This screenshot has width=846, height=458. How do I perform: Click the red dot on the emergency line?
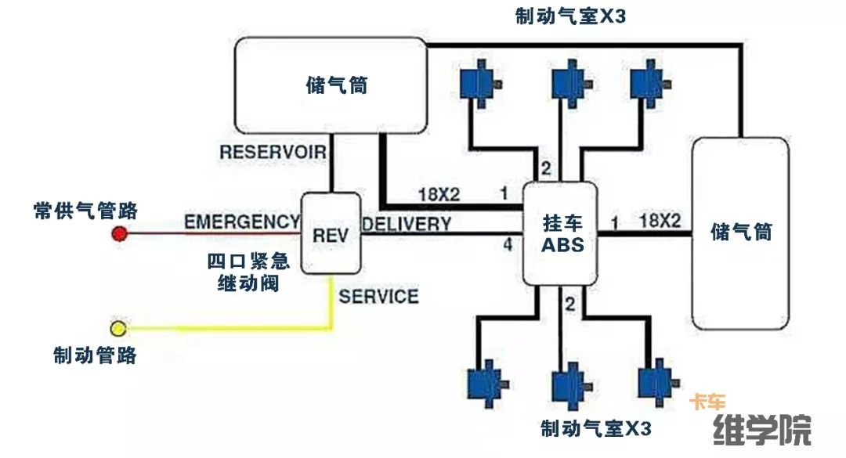[x=119, y=233]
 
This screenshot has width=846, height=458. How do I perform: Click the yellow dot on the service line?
[x=118, y=327]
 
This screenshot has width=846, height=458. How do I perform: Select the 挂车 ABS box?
[x=562, y=234]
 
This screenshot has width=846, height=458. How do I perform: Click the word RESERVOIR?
[x=272, y=151]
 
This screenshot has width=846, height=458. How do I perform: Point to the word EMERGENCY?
[x=242, y=222]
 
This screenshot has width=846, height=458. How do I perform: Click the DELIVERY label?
[x=407, y=224]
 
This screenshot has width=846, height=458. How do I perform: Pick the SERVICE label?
[x=378, y=297]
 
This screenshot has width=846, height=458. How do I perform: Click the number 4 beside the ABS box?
[x=508, y=245]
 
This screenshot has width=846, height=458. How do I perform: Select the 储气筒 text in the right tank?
[x=740, y=232]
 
